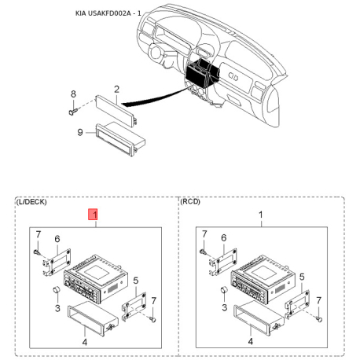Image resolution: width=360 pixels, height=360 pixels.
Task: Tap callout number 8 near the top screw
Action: [x=73, y=94]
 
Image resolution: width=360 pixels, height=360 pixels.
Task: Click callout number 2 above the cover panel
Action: [x=116, y=90]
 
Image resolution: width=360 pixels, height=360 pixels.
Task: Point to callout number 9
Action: [x=79, y=132]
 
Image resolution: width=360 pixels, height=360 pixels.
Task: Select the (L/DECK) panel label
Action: [x=31, y=202]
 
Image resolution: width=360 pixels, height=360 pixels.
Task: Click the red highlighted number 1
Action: [x=94, y=214]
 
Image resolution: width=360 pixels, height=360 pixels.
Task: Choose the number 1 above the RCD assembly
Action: [x=262, y=214]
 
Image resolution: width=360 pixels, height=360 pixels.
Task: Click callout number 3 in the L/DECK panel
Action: [x=57, y=309]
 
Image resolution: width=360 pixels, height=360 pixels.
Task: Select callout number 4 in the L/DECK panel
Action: [x=84, y=342]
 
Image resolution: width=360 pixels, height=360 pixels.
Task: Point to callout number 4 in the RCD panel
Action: [x=250, y=342]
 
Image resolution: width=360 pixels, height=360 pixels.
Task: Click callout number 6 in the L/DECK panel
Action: [x=57, y=240]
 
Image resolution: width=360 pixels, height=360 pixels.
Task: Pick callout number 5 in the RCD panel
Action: [x=301, y=279]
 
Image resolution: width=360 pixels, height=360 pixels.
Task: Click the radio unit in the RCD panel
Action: [x=260, y=275]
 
